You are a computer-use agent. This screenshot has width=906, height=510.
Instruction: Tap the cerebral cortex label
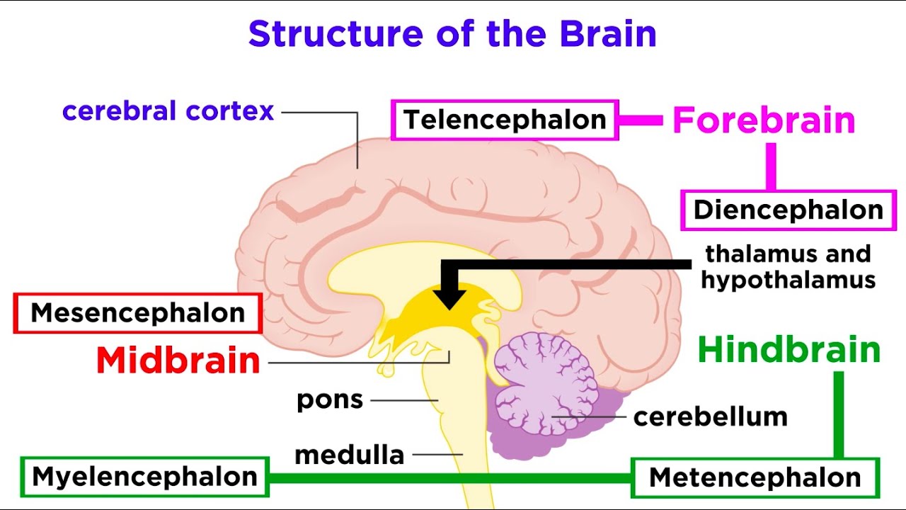point(168,111)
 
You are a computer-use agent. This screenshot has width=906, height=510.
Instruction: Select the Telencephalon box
point(505,120)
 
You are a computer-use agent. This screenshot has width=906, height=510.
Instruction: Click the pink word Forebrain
point(764,120)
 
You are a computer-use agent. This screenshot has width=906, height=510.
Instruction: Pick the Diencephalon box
point(788,210)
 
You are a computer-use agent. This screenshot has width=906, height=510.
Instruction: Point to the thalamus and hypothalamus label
point(788,266)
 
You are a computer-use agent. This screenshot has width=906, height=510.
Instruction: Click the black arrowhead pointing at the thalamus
point(450,297)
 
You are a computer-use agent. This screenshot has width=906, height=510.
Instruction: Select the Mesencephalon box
point(138,313)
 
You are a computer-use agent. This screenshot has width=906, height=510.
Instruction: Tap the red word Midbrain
point(178,361)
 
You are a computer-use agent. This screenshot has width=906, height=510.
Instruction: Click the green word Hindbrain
point(789,351)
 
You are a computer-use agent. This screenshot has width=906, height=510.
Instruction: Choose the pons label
point(330,400)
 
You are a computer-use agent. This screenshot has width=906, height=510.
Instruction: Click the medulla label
point(350,455)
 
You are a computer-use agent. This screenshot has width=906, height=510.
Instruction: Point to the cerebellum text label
point(710,416)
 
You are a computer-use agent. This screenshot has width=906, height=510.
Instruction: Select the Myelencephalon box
point(145,477)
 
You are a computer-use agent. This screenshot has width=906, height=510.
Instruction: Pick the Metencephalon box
point(755,477)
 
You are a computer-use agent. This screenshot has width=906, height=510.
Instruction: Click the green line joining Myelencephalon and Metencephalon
point(449,477)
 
